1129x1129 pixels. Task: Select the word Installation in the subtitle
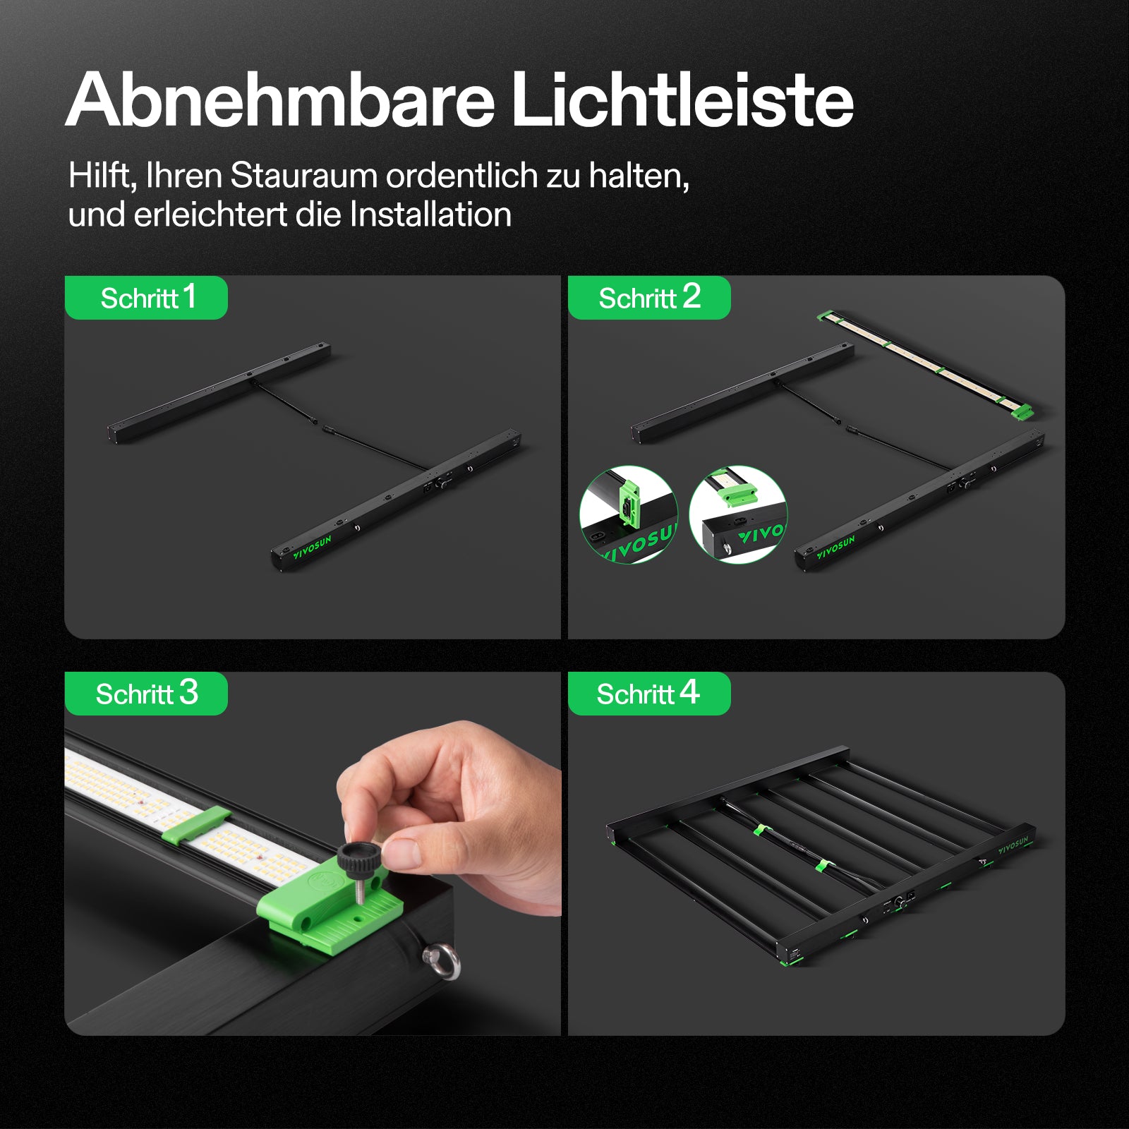tap(430, 215)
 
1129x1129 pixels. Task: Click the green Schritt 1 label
tap(146, 297)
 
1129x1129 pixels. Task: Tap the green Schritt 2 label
tap(649, 297)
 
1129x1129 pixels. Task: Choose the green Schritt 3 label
tap(146, 693)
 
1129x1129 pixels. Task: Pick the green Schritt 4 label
tap(649, 693)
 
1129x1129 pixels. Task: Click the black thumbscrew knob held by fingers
tap(359, 857)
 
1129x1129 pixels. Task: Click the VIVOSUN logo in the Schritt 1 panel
tap(313, 547)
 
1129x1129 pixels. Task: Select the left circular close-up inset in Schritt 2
tap(628, 514)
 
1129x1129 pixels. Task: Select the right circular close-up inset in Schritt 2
tap(738, 514)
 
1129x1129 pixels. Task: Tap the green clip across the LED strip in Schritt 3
tap(196, 826)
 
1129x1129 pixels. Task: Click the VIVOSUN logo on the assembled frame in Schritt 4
tap(1013, 845)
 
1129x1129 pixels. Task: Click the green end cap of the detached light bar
tap(1022, 411)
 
